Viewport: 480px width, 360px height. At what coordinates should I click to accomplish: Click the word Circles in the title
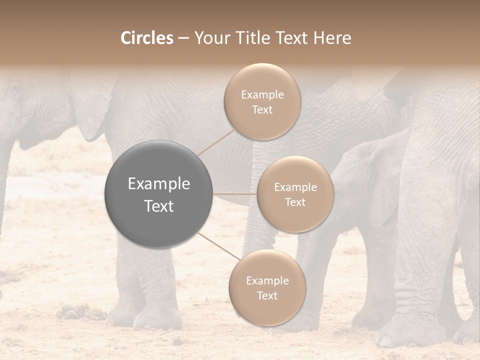pos(147,38)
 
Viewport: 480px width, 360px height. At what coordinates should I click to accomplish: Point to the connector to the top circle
pos(216,141)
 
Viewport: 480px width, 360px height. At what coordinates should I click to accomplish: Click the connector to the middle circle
pos(235,194)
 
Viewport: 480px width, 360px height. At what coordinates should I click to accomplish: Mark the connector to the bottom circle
pos(218,246)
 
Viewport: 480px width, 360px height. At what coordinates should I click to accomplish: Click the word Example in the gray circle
pos(159,184)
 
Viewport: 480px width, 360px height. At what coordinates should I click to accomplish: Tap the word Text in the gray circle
pos(159,206)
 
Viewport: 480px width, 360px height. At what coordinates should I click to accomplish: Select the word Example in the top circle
pos(262,95)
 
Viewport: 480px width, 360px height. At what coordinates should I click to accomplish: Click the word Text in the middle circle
pos(295,202)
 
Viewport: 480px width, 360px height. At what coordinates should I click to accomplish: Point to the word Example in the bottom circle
pos(267,281)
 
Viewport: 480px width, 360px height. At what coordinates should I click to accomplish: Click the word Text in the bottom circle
pos(267,296)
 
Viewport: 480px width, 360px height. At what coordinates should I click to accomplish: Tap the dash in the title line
pos(183,38)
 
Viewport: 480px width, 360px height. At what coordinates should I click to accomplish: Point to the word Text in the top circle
pos(262,110)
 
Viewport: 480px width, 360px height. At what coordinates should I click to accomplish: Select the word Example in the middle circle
pos(295,187)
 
